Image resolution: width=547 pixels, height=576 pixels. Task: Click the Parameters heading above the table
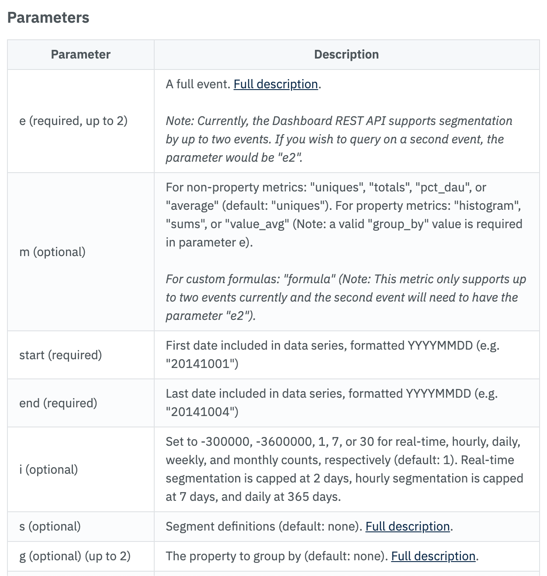48,18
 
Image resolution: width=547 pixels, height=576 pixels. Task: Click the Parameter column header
80,55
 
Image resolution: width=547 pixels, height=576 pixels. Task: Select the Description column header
346,55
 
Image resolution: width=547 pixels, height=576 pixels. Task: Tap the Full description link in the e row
276,84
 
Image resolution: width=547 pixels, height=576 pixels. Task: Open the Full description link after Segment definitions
408,526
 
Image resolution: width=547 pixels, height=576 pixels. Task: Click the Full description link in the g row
433,556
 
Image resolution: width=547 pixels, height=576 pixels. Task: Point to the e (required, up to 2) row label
73,121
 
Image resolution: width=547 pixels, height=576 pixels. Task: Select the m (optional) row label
52,252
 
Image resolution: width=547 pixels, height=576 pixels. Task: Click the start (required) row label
60,355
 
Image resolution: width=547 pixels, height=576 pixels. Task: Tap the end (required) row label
58,403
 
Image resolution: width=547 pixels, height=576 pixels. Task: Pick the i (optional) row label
48,469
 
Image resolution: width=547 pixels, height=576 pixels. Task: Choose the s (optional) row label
50,526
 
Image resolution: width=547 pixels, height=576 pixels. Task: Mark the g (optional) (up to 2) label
75,556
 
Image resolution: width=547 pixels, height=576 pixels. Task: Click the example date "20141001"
201,364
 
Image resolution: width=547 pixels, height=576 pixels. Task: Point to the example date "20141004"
201,412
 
